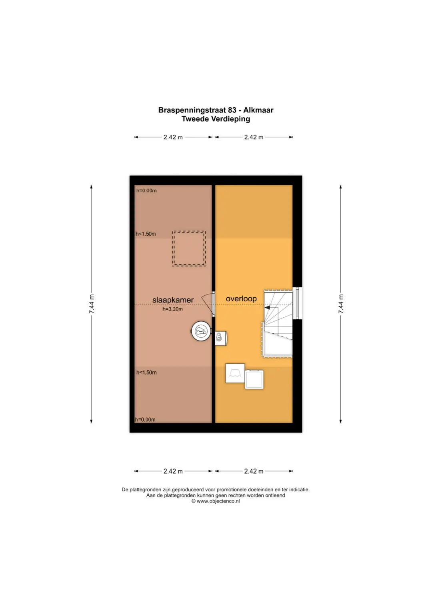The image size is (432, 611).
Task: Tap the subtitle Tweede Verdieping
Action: tap(216, 119)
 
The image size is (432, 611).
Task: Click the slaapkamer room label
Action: tap(173, 300)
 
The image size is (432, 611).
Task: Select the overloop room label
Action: tap(241, 298)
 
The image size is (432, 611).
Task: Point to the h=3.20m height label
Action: tap(173, 309)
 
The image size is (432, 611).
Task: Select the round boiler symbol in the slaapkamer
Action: tap(201, 331)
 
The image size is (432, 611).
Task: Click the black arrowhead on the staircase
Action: tap(267, 307)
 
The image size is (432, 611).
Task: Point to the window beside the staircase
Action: tap(297, 303)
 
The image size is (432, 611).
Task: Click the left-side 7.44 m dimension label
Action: tap(92, 304)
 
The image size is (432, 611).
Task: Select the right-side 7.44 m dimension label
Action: tap(341, 304)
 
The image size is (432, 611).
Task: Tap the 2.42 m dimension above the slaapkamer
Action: tap(173, 137)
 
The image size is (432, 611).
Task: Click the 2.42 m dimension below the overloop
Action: tap(254, 471)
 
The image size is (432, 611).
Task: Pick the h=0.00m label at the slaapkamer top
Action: tap(146, 191)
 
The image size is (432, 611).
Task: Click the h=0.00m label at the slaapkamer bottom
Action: tap(145, 419)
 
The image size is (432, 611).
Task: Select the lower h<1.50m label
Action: tap(146, 373)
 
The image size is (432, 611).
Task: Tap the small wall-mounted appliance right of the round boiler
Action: tap(221, 338)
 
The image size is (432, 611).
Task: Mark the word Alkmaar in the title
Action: tap(258, 110)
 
